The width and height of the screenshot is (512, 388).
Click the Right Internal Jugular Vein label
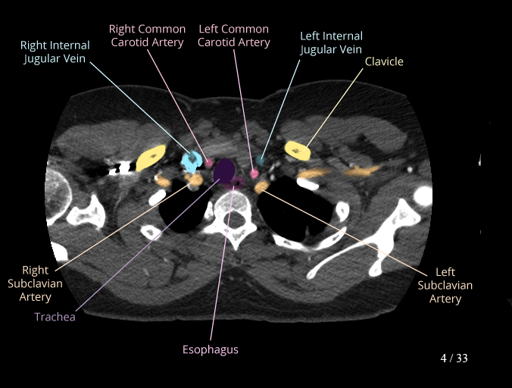(55, 52)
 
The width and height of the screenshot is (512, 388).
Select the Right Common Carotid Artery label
(147, 36)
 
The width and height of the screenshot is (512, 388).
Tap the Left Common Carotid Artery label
(233, 36)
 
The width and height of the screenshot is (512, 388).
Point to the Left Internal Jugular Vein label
(331, 42)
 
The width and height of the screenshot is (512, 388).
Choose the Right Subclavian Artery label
(36, 283)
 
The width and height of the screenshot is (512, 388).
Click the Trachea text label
(55, 317)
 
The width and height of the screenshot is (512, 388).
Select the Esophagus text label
(211, 349)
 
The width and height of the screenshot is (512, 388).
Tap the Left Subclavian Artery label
(445, 285)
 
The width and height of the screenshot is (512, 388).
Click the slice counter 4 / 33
(454, 358)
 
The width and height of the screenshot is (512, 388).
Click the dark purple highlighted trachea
(224, 171)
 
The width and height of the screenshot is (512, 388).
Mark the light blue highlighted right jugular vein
(191, 160)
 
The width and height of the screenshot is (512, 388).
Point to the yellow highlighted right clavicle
(151, 158)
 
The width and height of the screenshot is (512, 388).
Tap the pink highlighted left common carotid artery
(254, 174)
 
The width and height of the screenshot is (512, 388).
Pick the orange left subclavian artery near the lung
(261, 186)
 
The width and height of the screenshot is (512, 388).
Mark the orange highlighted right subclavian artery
(194, 180)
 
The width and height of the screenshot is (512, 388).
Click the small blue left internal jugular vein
(261, 161)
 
